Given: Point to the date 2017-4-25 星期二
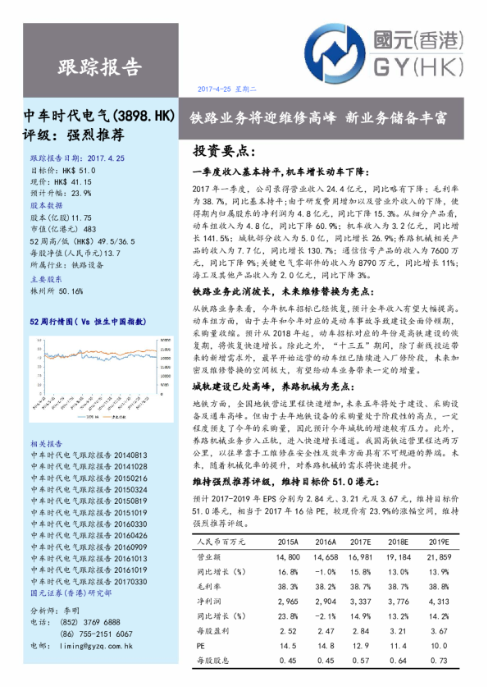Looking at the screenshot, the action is point(228,89).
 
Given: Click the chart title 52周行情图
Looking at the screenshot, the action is point(86,323).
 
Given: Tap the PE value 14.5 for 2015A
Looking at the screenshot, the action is point(288,646).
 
